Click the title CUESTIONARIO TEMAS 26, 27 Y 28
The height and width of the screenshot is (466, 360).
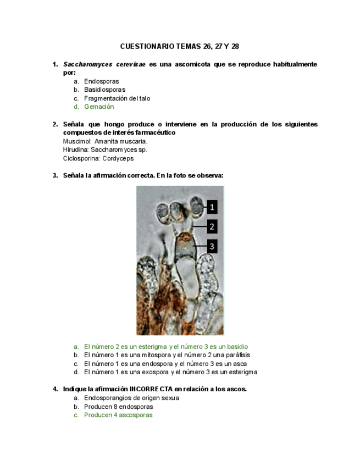tap(180, 46)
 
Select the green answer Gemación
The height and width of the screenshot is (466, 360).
tap(99, 107)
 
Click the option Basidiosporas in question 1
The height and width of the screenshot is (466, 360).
tap(104, 90)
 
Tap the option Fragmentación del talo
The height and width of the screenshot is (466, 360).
tap(117, 98)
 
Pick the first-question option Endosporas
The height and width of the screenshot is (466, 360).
tap(101, 81)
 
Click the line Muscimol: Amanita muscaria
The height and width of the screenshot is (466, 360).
tap(105, 141)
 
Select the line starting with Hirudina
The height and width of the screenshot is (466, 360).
tap(105, 149)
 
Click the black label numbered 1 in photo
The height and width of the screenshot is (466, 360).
tap(212, 207)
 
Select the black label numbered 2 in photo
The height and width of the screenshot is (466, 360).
tap(212, 226)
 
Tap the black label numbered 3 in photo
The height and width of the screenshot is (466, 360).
tap(212, 246)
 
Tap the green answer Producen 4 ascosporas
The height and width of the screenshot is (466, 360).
tap(118, 415)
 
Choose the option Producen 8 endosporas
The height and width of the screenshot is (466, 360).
tap(118, 407)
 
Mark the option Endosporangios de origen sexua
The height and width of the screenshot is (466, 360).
tap(131, 398)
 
